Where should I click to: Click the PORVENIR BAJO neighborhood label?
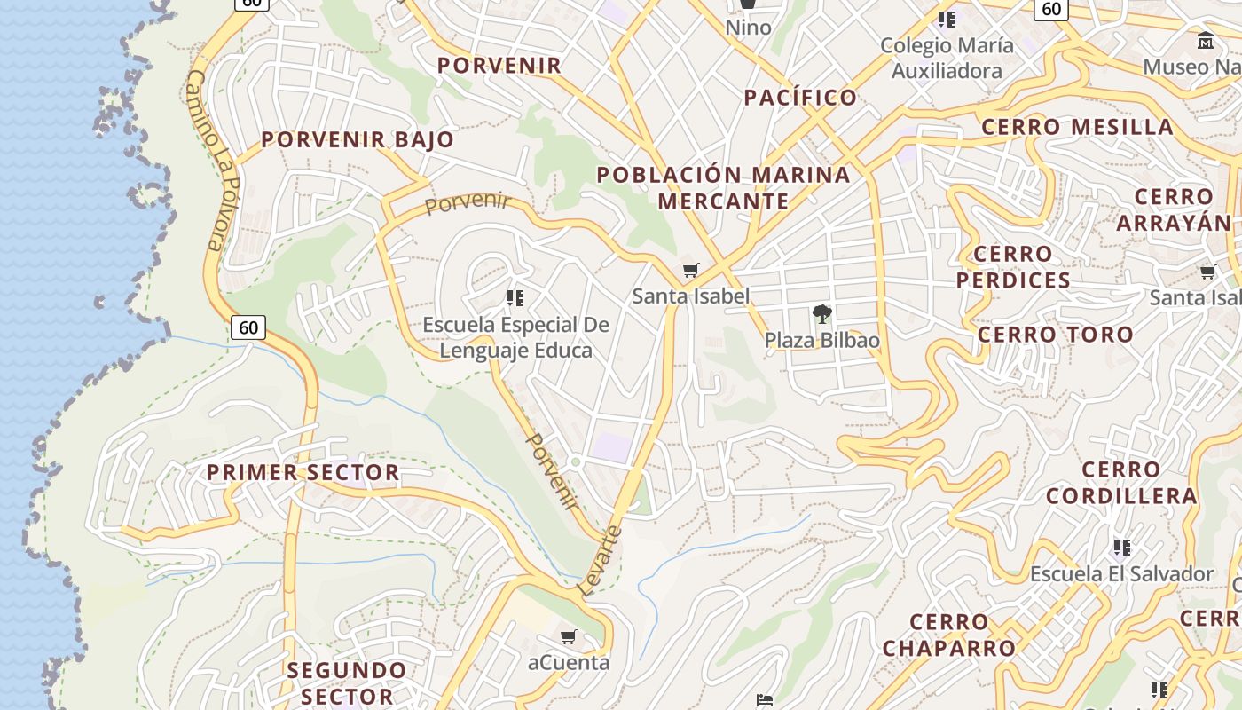coord(358,139)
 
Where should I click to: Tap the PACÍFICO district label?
coord(800,98)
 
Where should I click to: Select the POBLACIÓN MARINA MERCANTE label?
coord(723,187)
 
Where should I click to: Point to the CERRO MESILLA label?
coord(1077,127)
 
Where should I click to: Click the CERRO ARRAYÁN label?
coord(1173,209)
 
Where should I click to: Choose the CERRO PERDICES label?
coord(1012,267)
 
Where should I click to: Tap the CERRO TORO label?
coord(1055,335)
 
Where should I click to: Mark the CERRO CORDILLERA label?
coord(1121,483)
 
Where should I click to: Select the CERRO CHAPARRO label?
coord(948,635)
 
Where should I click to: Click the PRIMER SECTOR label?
coord(303,472)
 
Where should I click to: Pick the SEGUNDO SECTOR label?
coord(347,682)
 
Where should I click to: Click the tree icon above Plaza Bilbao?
coord(821,313)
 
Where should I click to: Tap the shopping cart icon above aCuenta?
coord(569,636)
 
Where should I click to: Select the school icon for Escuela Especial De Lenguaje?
coord(515,297)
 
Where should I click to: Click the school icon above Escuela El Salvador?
coord(1121,547)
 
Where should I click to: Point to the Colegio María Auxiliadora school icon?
coord(947,19)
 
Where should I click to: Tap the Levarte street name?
coord(601,560)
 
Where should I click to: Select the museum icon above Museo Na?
coord(1206,40)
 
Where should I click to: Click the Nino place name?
coord(748,28)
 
